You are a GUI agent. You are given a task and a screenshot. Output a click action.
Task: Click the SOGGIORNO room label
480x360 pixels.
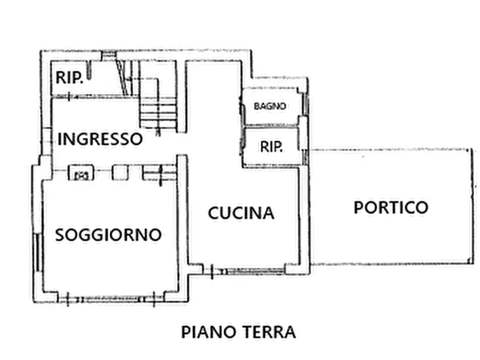pyautogui.click(x=109, y=235)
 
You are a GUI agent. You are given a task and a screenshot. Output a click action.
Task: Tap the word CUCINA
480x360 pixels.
pyautogui.click(x=241, y=213)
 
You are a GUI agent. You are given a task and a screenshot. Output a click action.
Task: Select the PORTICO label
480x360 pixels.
pyautogui.click(x=391, y=207)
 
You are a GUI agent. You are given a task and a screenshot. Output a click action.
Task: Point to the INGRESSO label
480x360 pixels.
pyautogui.click(x=101, y=139)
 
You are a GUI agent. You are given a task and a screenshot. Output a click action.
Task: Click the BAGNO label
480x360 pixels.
pyautogui.click(x=270, y=106)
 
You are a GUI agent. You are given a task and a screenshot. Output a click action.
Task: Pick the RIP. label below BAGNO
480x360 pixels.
pyautogui.click(x=271, y=147)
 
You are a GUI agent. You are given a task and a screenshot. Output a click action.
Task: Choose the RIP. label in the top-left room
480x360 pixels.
pyautogui.click(x=69, y=78)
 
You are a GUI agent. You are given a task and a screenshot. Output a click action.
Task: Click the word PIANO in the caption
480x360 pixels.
pyautogui.click(x=206, y=332)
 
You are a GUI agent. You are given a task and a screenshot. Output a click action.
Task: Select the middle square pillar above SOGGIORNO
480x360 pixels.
pyautogui.click(x=119, y=172)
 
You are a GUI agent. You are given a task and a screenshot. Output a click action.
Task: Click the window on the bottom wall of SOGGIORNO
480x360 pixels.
pyautogui.click(x=110, y=297)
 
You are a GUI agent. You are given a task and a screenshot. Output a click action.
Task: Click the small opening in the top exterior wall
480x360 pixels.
pyautogui.click(x=109, y=54)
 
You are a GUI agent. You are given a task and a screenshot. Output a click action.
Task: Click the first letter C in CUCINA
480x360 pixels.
pyautogui.click(x=214, y=213)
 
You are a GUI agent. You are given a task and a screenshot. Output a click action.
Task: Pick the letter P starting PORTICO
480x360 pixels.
pyautogui.click(x=359, y=207)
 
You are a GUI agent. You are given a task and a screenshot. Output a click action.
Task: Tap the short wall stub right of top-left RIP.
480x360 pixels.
pyautogui.click(x=91, y=70)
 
